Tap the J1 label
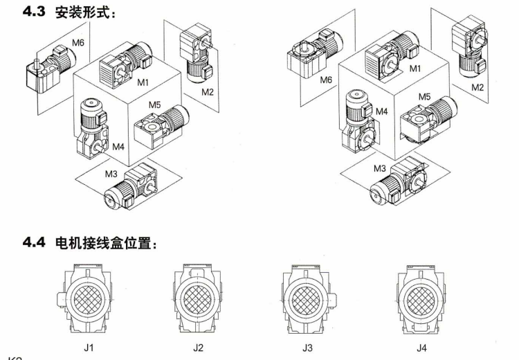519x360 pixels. point(89,348)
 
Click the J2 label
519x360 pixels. point(199,348)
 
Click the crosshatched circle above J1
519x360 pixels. point(89,300)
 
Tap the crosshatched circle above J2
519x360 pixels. point(199,300)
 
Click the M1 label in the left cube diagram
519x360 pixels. point(143,82)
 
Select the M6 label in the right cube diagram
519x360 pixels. point(326,80)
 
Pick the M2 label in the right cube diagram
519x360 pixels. point(477,87)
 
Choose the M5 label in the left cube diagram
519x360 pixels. point(155,105)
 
